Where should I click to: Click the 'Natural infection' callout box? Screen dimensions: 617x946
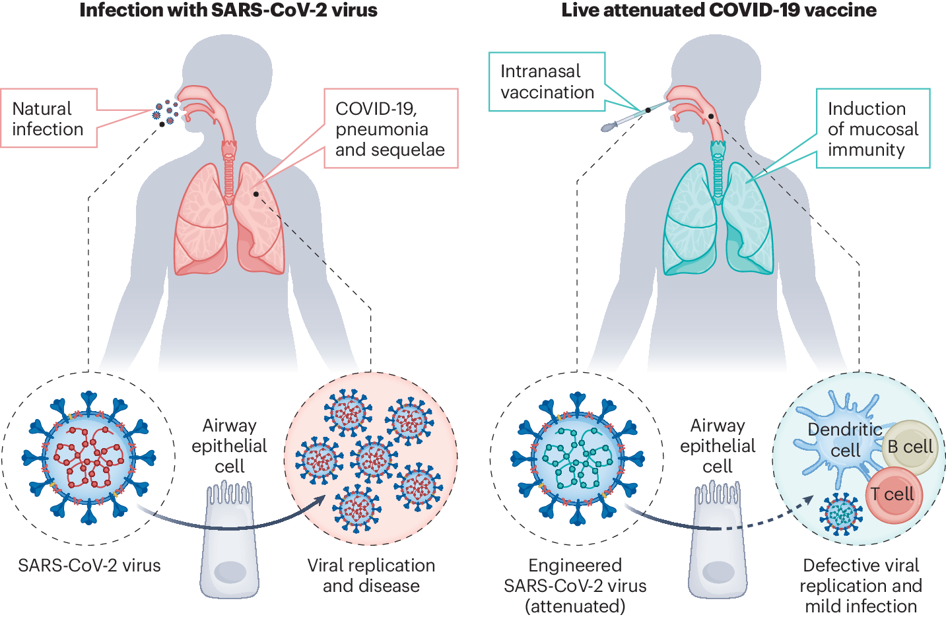click(49, 118)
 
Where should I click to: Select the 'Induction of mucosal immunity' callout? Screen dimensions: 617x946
click(873, 129)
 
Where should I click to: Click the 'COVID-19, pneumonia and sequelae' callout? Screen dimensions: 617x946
click(391, 129)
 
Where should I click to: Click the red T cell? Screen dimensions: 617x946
click(893, 495)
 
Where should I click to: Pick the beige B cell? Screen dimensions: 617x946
click(910, 447)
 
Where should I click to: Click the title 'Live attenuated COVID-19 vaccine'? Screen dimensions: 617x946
click(719, 11)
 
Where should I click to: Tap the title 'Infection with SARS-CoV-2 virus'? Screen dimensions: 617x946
click(228, 11)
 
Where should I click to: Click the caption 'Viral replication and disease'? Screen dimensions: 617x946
click(371, 575)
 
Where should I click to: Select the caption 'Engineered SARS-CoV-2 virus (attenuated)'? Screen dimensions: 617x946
click(575, 585)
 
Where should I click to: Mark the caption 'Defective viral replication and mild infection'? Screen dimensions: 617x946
click(861, 585)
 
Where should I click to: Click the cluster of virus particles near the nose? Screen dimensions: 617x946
click(166, 112)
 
